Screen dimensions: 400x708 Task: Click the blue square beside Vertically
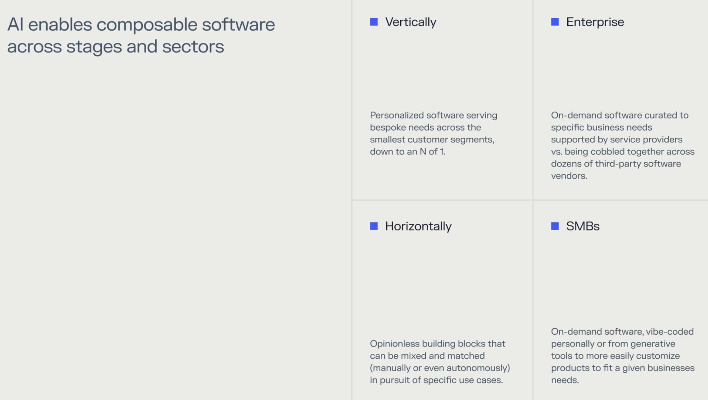(x=374, y=22)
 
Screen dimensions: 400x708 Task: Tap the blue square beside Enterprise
(x=555, y=22)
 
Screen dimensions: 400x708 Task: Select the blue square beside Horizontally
(x=374, y=226)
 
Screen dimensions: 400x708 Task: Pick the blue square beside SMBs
(x=555, y=226)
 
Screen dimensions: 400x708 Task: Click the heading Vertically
(x=410, y=22)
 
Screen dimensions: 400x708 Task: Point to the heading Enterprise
(x=595, y=22)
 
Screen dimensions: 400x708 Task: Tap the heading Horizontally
(x=418, y=226)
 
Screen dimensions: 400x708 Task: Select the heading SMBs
(x=583, y=226)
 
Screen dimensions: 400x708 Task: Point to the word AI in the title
(x=15, y=24)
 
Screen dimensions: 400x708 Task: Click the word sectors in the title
(x=193, y=46)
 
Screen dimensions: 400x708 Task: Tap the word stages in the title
(x=94, y=47)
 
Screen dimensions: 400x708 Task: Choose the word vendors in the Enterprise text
(x=569, y=176)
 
